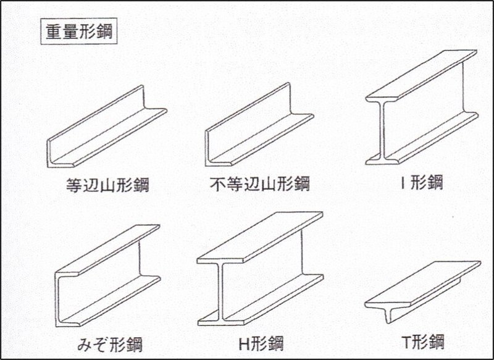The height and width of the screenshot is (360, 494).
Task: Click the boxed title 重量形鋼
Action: coord(79,32)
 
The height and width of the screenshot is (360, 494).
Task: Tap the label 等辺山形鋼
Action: coord(107,185)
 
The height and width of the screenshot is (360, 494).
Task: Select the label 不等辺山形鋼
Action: coord(260,183)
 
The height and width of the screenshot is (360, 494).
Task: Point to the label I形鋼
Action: coord(421,182)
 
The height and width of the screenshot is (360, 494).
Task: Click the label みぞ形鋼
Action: coord(110,344)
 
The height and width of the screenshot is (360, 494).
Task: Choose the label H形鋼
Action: coord(261,343)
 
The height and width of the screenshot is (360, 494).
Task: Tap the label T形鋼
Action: coord(423,342)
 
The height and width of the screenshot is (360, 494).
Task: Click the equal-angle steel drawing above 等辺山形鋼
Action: coord(107,132)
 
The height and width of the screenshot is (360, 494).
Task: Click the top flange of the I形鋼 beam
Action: coord(421,75)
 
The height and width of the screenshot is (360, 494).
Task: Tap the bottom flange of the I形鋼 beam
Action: coord(422,138)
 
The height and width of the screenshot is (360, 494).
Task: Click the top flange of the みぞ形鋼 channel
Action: coord(107,250)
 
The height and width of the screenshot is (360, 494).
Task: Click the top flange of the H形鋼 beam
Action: coord(260,238)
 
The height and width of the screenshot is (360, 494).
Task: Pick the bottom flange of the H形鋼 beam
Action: coord(261,300)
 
